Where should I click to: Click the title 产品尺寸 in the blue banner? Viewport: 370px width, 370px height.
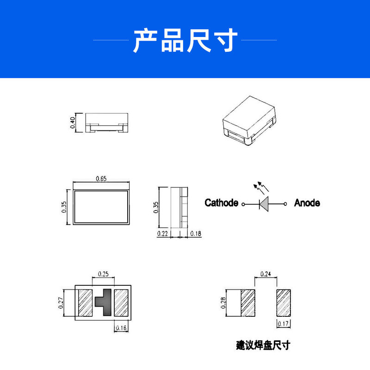[185, 40]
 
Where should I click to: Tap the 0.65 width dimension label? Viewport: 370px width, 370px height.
[101, 179]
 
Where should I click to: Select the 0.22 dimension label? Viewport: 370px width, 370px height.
[163, 234]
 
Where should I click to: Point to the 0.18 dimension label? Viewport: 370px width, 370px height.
[196, 234]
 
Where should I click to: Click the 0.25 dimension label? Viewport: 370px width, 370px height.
[103, 274]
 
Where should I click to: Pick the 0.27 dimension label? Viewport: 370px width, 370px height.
[61, 302]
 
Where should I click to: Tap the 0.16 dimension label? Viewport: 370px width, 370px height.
[121, 328]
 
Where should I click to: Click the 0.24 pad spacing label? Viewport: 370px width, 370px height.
[266, 273]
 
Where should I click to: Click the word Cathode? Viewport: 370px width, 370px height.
[222, 203]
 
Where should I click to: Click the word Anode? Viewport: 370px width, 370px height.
[307, 203]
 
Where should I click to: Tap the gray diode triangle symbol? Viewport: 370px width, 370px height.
[264, 203]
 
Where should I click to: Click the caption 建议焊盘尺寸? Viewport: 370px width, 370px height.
[263, 345]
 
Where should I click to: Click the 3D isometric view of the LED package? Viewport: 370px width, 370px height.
[249, 120]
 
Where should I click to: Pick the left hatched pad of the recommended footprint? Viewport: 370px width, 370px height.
[248, 303]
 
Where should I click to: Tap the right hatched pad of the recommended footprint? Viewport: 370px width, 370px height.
[284, 302]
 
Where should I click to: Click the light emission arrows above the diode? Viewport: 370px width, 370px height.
[261, 187]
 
